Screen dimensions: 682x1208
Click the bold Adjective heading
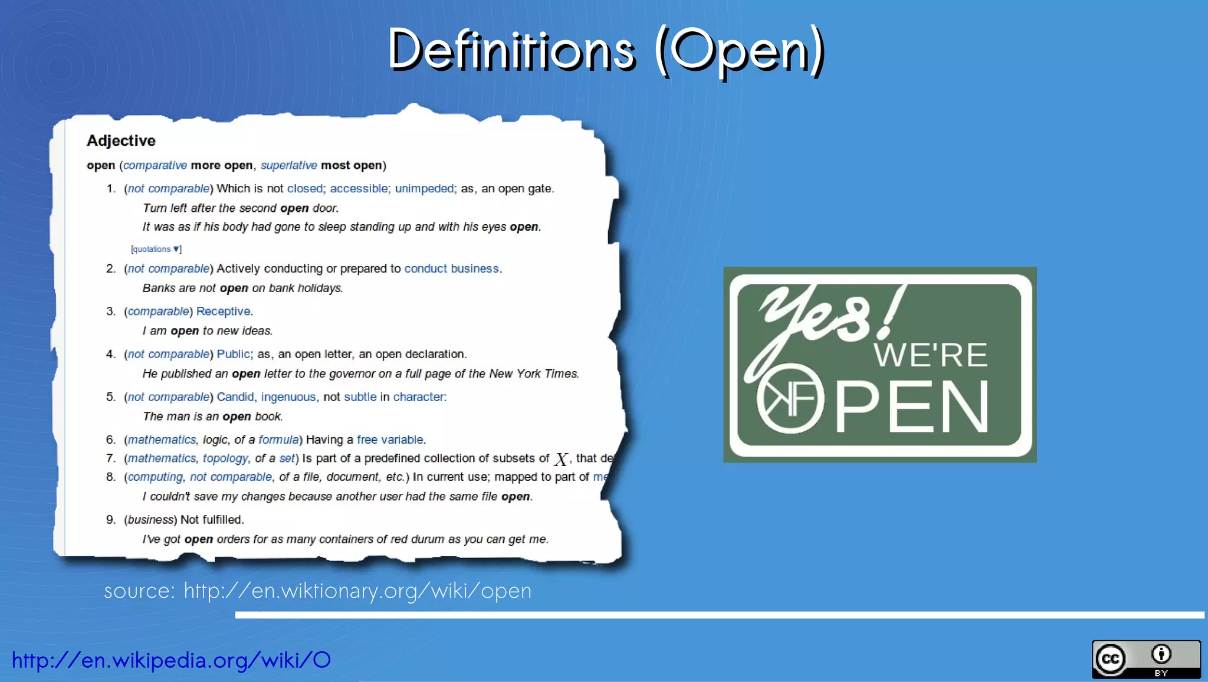point(121,141)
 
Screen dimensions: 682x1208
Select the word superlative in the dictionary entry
point(288,166)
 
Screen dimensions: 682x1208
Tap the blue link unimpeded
point(424,189)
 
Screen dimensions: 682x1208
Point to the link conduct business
point(451,269)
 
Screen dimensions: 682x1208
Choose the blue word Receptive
point(223,312)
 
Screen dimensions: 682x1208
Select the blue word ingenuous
point(288,397)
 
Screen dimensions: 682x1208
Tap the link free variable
point(389,440)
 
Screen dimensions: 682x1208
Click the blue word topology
point(225,458)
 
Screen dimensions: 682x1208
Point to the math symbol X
point(561,459)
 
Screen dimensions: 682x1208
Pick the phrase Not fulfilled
point(212,520)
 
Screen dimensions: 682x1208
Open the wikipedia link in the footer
point(171,660)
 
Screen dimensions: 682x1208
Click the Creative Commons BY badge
point(1145,660)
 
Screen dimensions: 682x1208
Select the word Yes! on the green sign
point(826,319)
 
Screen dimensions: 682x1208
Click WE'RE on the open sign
point(930,355)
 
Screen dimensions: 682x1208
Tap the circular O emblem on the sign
point(790,398)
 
